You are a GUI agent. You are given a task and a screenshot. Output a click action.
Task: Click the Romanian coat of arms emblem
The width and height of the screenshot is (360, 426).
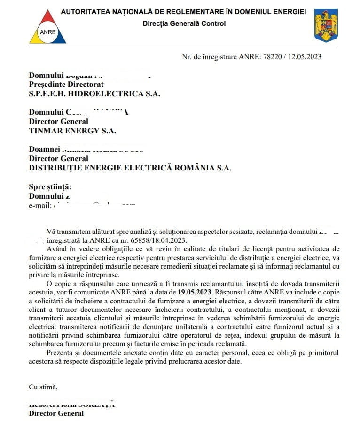click(326, 26)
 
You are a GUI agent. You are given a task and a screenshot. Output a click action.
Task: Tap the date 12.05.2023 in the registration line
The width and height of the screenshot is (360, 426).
click(305, 57)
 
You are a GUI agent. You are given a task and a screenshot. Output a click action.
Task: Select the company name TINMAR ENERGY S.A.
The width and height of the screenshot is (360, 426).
click(72, 131)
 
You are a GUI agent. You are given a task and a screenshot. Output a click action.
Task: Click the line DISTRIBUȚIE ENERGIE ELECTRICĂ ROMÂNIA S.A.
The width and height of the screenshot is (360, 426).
click(130, 168)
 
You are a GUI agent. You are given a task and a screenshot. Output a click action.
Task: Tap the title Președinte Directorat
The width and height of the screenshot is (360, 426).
click(66, 84)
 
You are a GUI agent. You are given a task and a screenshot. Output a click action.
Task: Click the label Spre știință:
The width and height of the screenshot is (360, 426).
click(50, 187)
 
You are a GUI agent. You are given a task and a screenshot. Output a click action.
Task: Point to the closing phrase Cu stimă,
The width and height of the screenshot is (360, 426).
click(43, 387)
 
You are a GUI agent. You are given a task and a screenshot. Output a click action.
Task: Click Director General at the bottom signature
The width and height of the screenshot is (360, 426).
click(56, 413)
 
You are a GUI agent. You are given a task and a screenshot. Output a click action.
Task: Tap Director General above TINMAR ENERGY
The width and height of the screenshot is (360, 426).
click(59, 121)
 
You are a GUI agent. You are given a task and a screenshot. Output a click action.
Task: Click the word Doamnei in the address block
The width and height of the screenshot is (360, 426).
click(45, 149)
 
